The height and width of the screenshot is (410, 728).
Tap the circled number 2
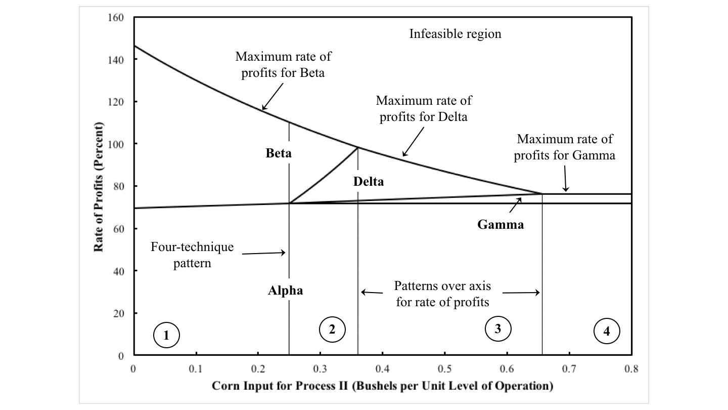pyautogui.click(x=332, y=329)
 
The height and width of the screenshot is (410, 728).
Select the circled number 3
pyautogui.click(x=497, y=329)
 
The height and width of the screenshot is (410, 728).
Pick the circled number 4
pyautogui.click(x=606, y=332)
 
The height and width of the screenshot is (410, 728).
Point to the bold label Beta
pyautogui.click(x=279, y=153)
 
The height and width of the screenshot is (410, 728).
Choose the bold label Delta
pyautogui.click(x=369, y=182)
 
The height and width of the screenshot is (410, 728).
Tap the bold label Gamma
pyautogui.click(x=500, y=225)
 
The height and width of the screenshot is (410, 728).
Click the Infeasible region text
pyautogui.click(x=455, y=34)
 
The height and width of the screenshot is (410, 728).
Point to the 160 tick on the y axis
pyautogui.click(x=117, y=18)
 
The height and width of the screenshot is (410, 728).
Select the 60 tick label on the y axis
pyautogui.click(x=119, y=229)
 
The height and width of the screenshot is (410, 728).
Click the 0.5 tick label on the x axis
pyautogui.click(x=445, y=369)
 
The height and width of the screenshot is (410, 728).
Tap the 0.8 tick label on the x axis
pyautogui.click(x=631, y=369)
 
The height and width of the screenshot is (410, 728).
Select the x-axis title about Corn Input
pyautogui.click(x=382, y=386)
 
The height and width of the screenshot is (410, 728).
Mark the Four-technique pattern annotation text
pyautogui.click(x=193, y=255)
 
